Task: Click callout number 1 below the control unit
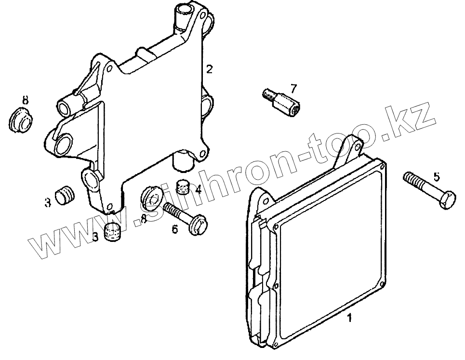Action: [x=350, y=318]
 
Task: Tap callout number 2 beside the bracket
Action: [x=209, y=69]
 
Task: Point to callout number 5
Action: [x=437, y=177]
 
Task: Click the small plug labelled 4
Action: [x=183, y=185]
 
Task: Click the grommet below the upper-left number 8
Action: [x=20, y=120]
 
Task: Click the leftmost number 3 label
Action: [x=48, y=203]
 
